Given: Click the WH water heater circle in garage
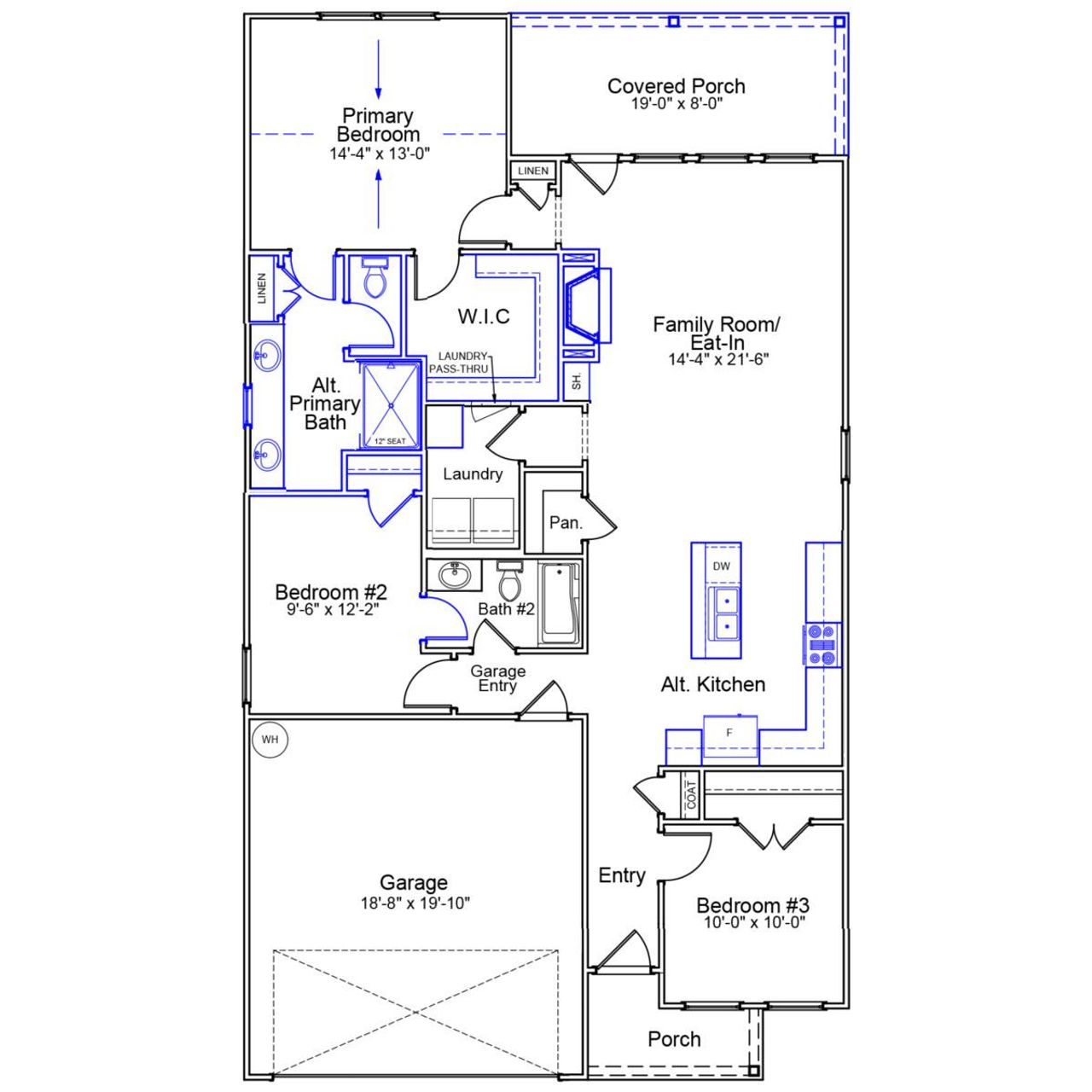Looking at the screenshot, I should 270,740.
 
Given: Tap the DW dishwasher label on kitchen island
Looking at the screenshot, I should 721,566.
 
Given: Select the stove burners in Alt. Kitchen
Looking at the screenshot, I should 822,645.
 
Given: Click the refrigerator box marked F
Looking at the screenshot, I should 729,733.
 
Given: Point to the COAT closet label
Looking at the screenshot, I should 691,795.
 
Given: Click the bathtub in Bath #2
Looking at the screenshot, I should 560,601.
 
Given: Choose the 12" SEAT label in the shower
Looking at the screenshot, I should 390,441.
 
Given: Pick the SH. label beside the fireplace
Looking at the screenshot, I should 577,381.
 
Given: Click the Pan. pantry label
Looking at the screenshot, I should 566,522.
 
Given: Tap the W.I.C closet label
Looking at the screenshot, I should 484,317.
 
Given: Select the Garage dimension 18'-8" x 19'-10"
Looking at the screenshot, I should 415,903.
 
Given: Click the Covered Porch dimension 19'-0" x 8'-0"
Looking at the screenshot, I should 677,104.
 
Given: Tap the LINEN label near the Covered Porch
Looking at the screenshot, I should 533,171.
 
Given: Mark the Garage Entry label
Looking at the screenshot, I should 497,678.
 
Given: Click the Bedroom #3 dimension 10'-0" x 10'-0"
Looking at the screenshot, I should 754,922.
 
